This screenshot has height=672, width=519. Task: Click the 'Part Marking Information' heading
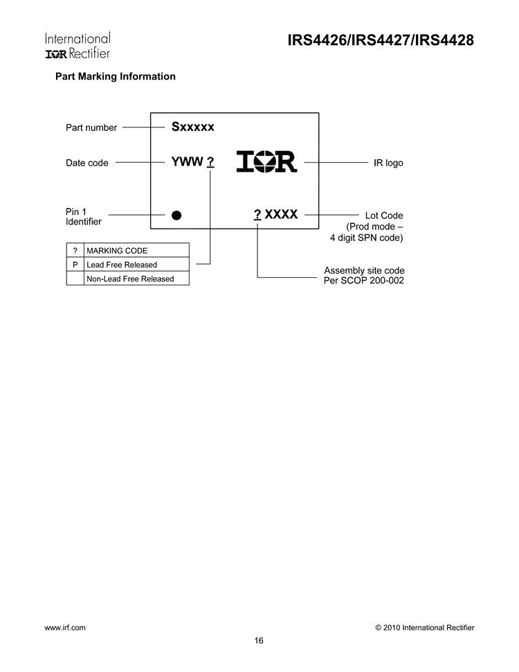click(x=115, y=76)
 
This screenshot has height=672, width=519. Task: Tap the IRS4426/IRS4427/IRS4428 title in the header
click(x=381, y=41)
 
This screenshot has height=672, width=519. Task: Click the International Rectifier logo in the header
click(x=78, y=46)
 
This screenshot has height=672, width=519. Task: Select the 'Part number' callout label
click(x=91, y=127)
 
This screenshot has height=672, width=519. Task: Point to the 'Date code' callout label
click(x=87, y=163)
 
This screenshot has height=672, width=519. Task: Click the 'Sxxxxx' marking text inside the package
click(x=193, y=127)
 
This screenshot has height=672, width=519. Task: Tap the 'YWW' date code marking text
click(x=187, y=162)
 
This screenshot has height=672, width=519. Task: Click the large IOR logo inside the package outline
click(x=266, y=161)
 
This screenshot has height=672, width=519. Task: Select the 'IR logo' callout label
click(x=388, y=163)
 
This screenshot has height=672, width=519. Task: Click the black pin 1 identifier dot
click(x=176, y=215)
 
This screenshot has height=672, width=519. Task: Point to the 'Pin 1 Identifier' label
click(x=83, y=216)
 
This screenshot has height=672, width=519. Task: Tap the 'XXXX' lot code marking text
click(x=282, y=215)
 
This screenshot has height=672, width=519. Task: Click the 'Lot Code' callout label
click(x=384, y=215)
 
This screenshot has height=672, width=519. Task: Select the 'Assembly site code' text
click(x=365, y=270)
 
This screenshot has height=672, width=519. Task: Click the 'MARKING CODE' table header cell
click(x=117, y=250)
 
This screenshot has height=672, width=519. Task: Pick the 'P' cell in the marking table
click(x=75, y=264)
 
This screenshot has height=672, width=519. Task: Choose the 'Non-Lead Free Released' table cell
click(x=130, y=278)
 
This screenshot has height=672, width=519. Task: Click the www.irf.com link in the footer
click(x=65, y=627)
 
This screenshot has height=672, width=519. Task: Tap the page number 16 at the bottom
click(x=259, y=640)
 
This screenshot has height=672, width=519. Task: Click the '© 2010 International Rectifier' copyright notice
click(x=425, y=627)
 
